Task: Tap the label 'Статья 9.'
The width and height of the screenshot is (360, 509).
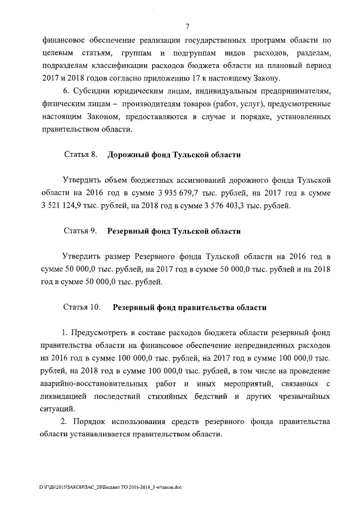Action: (x=82, y=231)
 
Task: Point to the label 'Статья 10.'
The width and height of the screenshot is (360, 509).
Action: (x=83, y=308)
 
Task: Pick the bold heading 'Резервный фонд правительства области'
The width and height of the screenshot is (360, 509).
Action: (x=190, y=308)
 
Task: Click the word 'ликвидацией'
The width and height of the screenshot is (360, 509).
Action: (x=67, y=397)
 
